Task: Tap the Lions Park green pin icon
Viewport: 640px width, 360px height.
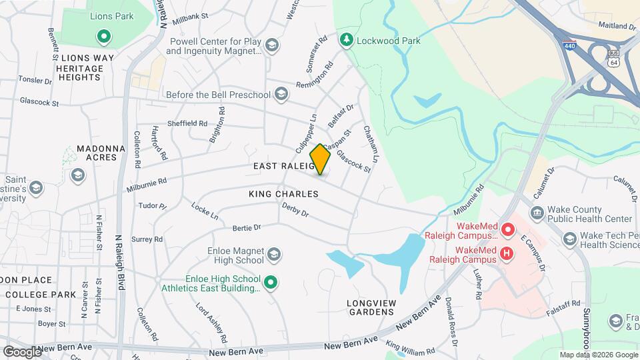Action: point(103,37)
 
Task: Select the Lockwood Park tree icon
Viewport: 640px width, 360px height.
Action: point(346,41)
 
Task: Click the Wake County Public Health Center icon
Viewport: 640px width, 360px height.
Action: point(537,213)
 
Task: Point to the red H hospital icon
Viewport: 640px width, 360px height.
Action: point(507,253)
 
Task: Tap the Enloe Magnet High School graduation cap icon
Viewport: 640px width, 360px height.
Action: point(273,255)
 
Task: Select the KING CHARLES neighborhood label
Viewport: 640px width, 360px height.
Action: point(283,194)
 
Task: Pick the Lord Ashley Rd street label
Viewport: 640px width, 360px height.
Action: point(212,319)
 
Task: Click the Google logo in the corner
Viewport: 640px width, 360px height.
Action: point(21,351)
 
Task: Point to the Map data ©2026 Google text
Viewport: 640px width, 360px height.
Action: point(598,355)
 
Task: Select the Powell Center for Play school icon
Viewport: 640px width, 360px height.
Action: point(271,45)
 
